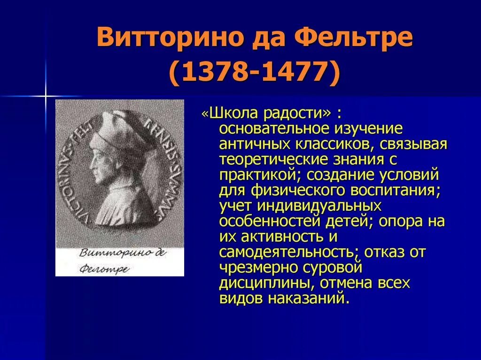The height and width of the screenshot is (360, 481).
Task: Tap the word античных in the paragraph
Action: coord(249,144)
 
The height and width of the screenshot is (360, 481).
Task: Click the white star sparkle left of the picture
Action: coord(46,96)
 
